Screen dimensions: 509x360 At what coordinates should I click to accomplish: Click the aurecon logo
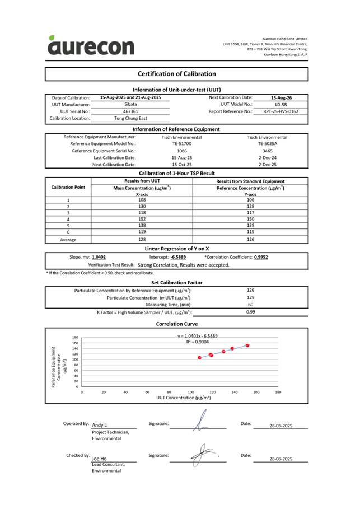[x=91, y=45]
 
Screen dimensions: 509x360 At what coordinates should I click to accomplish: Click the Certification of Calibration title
[x=176, y=74]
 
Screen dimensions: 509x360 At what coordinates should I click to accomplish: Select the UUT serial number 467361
[x=130, y=111]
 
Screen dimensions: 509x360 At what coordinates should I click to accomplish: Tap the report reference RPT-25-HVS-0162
[x=284, y=111]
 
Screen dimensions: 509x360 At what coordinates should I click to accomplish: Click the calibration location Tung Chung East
[x=130, y=119]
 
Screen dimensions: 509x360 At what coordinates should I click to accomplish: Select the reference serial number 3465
[x=268, y=151]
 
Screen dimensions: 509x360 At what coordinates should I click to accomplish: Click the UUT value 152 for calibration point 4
[x=142, y=220]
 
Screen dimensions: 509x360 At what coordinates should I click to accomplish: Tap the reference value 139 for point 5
[x=250, y=226]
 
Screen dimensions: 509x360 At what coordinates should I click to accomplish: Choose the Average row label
[x=68, y=240]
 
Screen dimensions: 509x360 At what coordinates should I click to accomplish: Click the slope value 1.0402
[x=99, y=257]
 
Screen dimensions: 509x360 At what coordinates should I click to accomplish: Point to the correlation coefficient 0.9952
[x=261, y=257]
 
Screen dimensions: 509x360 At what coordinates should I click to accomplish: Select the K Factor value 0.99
[x=251, y=312]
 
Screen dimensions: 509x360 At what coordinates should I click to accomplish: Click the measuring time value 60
[x=250, y=305]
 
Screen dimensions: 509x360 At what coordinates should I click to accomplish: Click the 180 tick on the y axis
[x=74, y=338]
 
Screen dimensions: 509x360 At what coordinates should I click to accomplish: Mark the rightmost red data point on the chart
[x=247, y=345]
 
